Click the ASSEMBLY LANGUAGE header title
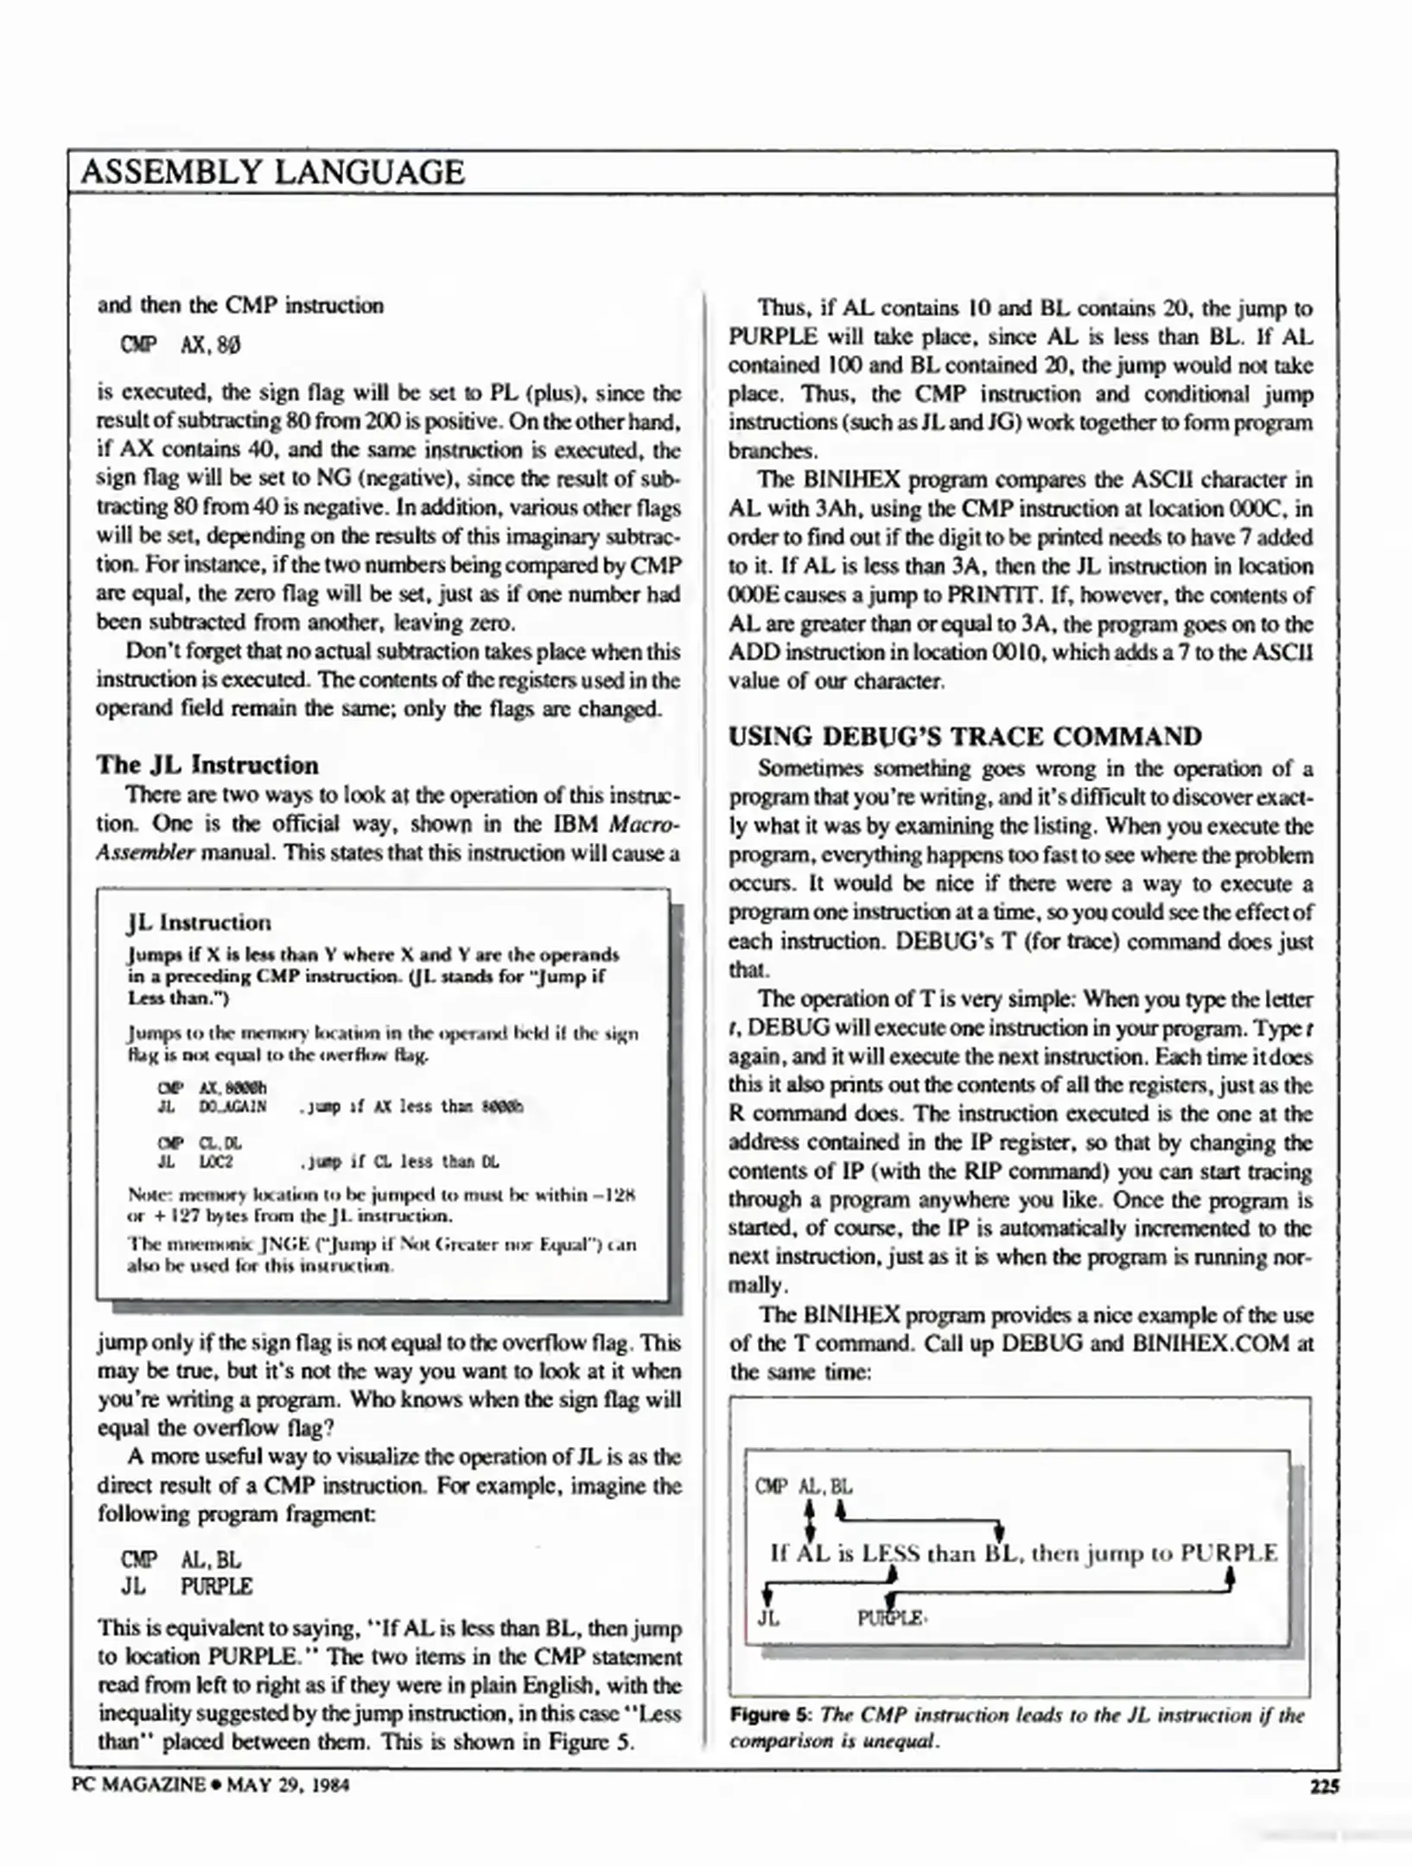273,172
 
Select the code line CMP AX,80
181,345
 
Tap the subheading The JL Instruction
207,765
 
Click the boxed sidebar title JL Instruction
199,923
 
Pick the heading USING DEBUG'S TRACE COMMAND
964,736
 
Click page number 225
1324,1786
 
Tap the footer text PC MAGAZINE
138,1785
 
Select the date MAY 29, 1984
288,1785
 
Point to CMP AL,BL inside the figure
804,1487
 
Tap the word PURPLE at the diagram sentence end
1228,1553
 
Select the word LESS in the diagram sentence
891,1553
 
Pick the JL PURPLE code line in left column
187,1587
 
